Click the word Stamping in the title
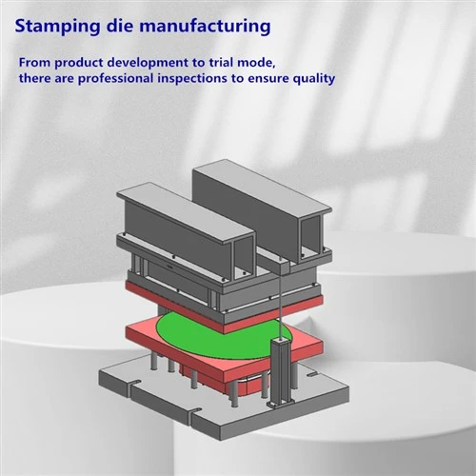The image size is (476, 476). tap(57, 27)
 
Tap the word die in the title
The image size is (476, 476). tap(120, 26)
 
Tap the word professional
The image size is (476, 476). tap(115, 79)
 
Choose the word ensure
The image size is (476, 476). tap(268, 79)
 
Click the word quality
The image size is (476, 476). tap(313, 79)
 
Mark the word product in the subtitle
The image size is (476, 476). tap(78, 64)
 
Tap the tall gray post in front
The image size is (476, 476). tap(280, 372)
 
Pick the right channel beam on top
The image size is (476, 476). tap(262, 211)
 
